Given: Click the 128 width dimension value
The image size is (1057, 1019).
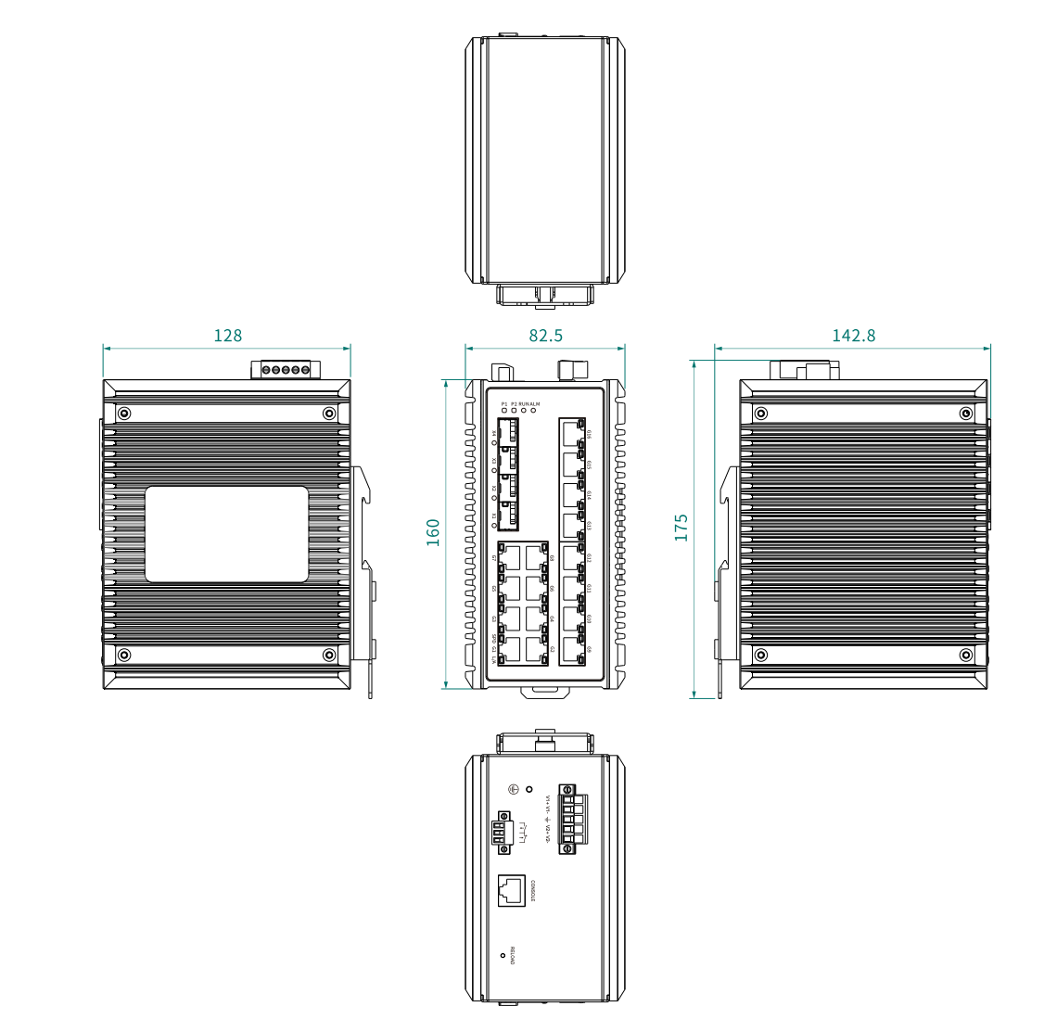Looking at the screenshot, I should pos(227,336).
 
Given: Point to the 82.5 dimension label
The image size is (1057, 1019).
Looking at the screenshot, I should pos(545,336).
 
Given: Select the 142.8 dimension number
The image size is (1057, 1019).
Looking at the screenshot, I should pos(853,336).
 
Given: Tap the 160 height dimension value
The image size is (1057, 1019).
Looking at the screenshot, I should pos(433,532).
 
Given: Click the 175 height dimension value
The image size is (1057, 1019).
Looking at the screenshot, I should pos(681,528).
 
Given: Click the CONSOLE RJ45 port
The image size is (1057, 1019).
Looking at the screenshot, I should pos(512,890).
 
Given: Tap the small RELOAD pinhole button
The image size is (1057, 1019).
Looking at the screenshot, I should pos(503,955).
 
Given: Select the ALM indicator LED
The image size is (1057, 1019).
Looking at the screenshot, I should pos(534,411).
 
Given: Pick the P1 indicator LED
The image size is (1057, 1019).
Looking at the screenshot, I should pos(504,411).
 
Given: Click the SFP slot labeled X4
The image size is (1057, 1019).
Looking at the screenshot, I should pos(507,432).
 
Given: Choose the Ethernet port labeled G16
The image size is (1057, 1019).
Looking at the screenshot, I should pos(571,433).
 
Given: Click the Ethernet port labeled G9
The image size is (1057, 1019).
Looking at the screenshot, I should pos(571,647).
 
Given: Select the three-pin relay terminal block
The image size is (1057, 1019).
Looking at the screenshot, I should pos(502,832).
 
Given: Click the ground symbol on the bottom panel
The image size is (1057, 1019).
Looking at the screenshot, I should pos(514,789).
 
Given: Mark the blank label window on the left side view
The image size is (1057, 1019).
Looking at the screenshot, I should pos(226,534).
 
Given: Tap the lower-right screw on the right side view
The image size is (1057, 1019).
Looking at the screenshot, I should pos(966,655).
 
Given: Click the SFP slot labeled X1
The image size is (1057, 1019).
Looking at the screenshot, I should pos(507,516).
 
